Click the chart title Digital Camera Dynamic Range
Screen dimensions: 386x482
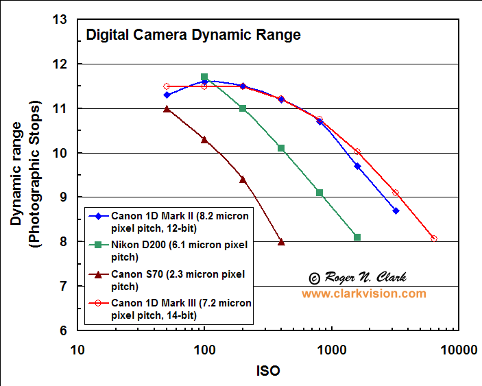[193, 35]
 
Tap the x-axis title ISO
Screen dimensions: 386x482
[267, 370]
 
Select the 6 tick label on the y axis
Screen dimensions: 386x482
[63, 330]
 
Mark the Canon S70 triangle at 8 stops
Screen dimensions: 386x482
[281, 242]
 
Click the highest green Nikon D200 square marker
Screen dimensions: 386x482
[204, 77]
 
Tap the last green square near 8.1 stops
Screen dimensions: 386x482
[357, 237]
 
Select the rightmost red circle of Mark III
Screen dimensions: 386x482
[433, 239]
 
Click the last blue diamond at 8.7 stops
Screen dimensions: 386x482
[396, 210]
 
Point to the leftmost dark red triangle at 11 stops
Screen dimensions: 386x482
[167, 109]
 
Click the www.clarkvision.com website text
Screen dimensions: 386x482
[363, 293]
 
